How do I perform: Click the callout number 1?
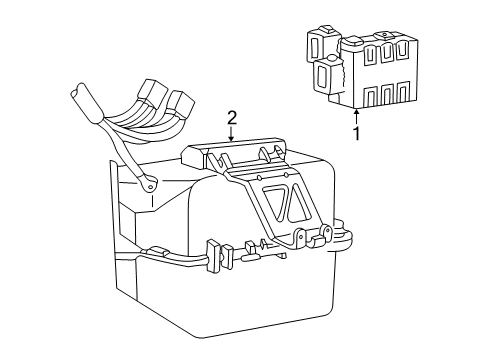coord(357,134)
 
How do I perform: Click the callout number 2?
coord(232,118)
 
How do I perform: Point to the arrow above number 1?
coord(357,118)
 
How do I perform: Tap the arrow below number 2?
coord(232,133)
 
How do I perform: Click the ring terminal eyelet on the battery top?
coord(150,186)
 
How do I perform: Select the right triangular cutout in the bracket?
coord(298,203)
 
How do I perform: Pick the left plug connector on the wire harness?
coord(151,94)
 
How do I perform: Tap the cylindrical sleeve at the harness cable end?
coord(87,103)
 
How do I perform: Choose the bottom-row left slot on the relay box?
coord(370,96)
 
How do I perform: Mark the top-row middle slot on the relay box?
coord(386,53)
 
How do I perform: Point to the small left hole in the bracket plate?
coord(259,178)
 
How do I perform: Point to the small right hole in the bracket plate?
coord(285,175)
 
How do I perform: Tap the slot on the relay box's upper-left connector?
coord(314,47)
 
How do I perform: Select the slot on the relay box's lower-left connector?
coord(322,75)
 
